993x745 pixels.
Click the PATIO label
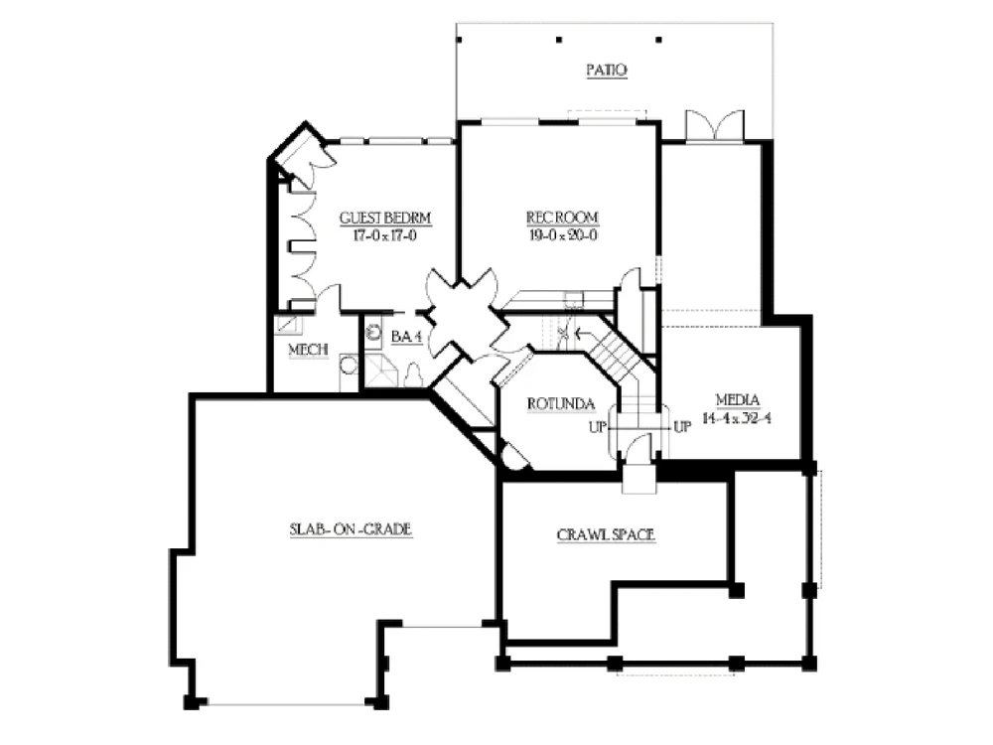607,70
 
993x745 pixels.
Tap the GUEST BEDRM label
385,218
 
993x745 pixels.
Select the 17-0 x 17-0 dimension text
385,236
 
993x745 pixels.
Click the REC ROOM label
562,218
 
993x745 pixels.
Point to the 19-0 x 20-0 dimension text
563,235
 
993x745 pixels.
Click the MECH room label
309,350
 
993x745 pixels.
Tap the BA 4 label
406,337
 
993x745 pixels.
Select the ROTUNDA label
561,404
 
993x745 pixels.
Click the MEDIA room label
738,400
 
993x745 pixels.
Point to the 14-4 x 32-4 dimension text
737,419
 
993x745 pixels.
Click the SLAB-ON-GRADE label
351,529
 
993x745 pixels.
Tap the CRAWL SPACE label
606,535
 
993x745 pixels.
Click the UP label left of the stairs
597,427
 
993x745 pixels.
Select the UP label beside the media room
682,427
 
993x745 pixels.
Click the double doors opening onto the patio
715,125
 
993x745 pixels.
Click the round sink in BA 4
374,332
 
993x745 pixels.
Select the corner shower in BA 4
381,371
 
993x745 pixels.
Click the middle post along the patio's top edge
559,40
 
